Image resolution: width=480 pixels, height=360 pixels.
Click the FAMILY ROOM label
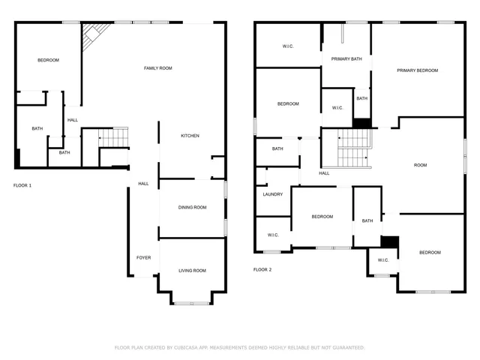[x=158, y=68]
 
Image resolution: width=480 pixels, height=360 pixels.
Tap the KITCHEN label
[x=190, y=136]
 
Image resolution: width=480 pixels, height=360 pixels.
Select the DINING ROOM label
[x=192, y=207]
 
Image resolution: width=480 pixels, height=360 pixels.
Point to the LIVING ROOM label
[x=192, y=271]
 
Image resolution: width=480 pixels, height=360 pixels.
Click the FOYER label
[x=143, y=258]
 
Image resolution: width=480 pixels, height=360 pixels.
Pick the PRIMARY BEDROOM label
[x=418, y=70]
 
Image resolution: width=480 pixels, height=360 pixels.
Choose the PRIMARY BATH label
[x=346, y=58]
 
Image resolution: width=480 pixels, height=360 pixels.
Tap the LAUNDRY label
[x=273, y=194]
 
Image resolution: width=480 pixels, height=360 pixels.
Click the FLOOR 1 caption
[x=22, y=184]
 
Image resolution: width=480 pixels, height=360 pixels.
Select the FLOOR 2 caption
[x=262, y=269]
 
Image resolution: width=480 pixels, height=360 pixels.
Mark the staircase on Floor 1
[x=115, y=138]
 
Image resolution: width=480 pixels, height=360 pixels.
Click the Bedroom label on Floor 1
[x=48, y=60]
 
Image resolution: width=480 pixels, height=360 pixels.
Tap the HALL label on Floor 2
[x=324, y=173]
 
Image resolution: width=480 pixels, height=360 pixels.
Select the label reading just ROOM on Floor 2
[x=420, y=165]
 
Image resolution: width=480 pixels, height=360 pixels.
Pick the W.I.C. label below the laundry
[x=273, y=235]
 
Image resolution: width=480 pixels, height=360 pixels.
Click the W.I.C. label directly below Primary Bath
[x=337, y=108]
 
